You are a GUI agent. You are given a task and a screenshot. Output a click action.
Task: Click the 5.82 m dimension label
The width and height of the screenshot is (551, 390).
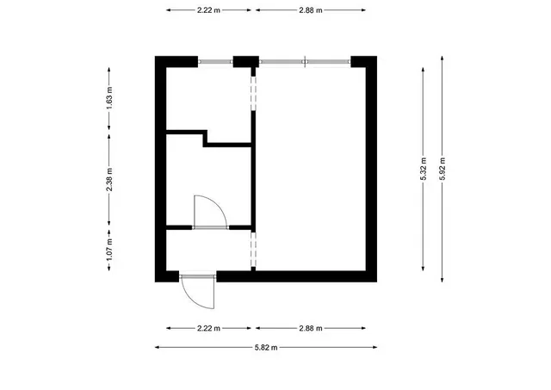tap(266, 348)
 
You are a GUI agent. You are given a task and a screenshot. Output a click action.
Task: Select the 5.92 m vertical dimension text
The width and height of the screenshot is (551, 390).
tap(442, 169)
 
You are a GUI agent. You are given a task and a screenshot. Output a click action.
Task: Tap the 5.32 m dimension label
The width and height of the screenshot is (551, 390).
tap(423, 169)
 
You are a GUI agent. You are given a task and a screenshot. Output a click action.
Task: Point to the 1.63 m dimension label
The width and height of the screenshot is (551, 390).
tap(109, 97)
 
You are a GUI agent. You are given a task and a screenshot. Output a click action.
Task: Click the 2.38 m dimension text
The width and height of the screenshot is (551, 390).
tap(109, 180)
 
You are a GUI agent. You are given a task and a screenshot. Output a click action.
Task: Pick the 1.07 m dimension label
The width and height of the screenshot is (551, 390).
tap(109, 250)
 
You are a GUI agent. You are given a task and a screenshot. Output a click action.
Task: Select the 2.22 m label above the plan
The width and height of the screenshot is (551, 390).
tap(208, 10)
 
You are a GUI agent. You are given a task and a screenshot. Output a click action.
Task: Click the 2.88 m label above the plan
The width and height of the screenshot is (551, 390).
tap(311, 10)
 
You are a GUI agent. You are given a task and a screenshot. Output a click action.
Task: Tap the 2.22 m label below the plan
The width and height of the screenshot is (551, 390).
tap(208, 329)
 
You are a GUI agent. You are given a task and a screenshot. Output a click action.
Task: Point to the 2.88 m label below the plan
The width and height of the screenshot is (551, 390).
tap(311, 329)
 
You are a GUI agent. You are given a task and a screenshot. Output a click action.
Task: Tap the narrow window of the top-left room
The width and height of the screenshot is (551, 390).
tap(215, 62)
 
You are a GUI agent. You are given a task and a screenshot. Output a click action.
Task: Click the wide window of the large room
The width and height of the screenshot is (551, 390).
tap(305, 62)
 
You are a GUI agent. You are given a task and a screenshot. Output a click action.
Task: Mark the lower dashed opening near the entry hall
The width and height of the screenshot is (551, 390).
tap(253, 250)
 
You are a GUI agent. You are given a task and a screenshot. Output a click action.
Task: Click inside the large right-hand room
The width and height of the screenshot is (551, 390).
tap(311, 169)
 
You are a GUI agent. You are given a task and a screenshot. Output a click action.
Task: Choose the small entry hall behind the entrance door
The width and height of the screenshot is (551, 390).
tap(208, 251)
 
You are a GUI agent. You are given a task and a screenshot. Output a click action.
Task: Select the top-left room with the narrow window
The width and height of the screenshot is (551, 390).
tap(208, 99)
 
